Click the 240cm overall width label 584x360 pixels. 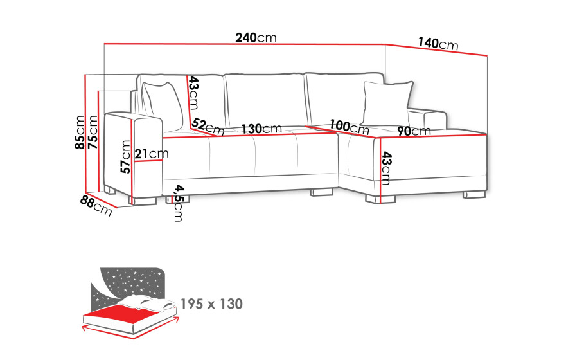[256, 38]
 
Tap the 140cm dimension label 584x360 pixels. [438, 44]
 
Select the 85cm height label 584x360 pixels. [80, 132]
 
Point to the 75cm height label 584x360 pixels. [93, 132]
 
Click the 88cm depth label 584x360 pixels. [96, 206]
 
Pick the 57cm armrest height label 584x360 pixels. [125, 157]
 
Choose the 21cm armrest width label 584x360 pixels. [151, 154]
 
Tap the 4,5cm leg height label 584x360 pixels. [179, 203]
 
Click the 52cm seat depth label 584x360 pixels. [208, 127]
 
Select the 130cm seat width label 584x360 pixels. [261, 129]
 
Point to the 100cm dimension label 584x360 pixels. [350, 127]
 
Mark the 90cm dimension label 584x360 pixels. [414, 130]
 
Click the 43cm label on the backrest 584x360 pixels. [193, 93]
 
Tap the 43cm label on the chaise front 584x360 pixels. [386, 168]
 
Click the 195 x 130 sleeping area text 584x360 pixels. [211, 304]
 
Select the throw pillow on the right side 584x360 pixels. [387, 104]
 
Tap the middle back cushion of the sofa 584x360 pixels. [265, 99]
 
